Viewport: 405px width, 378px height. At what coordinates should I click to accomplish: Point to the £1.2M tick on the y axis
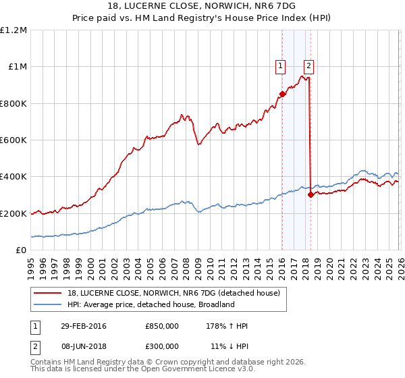pyautogui.click(x=14, y=30)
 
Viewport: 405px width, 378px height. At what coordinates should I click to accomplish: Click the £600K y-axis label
pyautogui.click(x=13, y=140)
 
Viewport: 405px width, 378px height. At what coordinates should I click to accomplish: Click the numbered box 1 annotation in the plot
pyautogui.click(x=280, y=65)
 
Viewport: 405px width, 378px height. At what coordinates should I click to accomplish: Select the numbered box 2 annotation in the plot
pyautogui.click(x=308, y=65)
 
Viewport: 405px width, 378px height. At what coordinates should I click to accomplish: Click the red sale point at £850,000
pyautogui.click(x=282, y=94)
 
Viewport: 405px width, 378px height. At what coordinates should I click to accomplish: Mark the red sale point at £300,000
pyautogui.click(x=310, y=194)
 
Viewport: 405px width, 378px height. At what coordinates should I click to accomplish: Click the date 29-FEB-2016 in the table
pyautogui.click(x=83, y=327)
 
